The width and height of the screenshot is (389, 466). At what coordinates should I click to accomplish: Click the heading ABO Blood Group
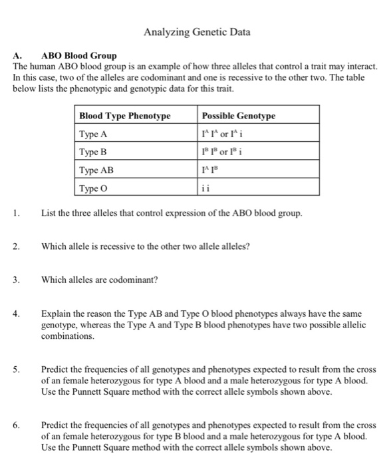(x=78, y=55)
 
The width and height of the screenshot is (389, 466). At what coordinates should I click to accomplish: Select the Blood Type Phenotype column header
(x=125, y=116)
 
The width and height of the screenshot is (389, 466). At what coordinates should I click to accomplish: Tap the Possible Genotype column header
(x=238, y=116)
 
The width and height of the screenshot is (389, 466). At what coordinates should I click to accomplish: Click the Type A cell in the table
(x=94, y=134)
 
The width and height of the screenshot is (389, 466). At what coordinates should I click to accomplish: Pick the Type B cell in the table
(x=94, y=152)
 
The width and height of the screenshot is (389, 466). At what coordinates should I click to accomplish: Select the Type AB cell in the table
(x=96, y=170)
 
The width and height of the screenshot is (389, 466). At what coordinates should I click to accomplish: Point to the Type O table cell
(x=94, y=188)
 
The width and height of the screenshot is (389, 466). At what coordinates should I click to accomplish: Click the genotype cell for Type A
(x=227, y=134)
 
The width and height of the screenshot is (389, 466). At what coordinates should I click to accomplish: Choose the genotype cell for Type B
(x=227, y=152)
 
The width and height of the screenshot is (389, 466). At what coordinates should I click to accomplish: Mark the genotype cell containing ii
(x=205, y=188)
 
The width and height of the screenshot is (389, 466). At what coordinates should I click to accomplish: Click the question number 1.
(x=16, y=214)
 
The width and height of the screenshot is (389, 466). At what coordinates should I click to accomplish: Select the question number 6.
(x=16, y=424)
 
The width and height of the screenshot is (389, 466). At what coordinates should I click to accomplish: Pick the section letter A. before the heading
(x=18, y=55)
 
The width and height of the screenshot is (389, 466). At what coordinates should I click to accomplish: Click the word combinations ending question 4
(x=67, y=338)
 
